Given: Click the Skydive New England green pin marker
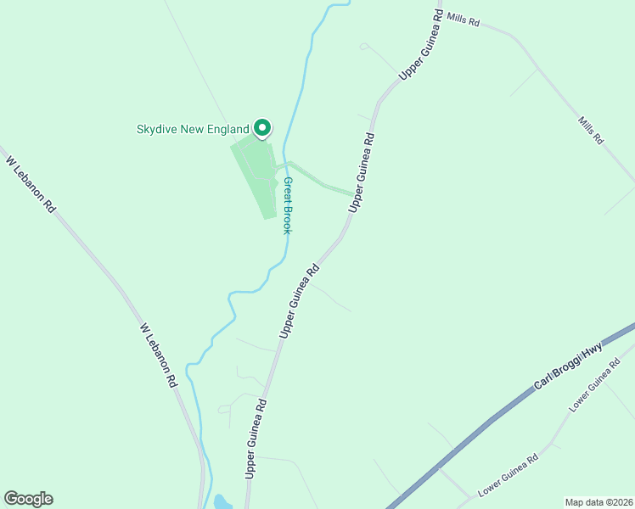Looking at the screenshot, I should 262,127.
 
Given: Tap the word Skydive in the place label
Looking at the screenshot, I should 158,130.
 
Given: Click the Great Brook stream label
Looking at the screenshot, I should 289,205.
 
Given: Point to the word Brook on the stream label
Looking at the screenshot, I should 289,218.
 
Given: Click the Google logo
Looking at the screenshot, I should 28,499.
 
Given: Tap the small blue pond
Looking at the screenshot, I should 222,501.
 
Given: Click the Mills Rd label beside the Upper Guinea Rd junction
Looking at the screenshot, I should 463,20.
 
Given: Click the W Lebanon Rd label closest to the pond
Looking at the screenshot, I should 159,354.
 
